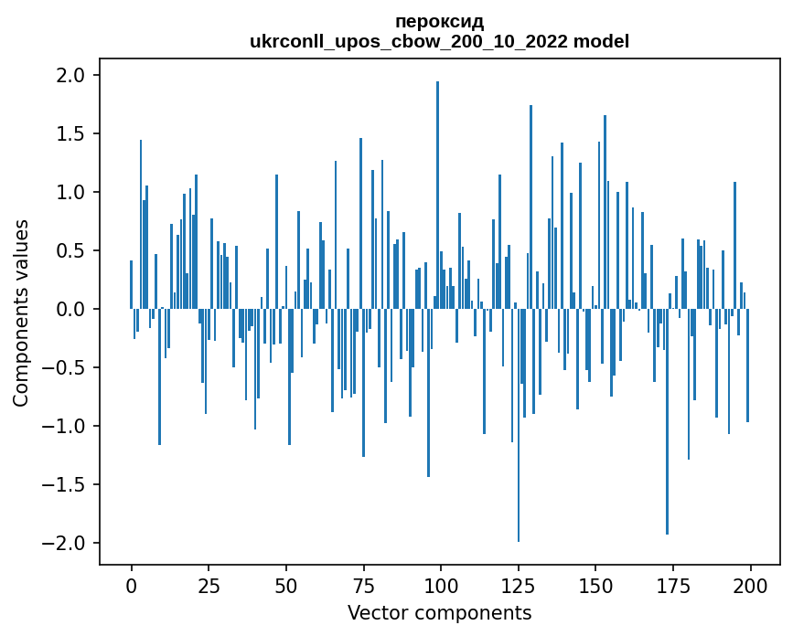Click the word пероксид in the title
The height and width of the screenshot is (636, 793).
click(x=439, y=22)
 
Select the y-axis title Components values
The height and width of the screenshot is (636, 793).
click(x=21, y=313)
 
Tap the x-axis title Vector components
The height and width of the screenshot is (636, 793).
click(x=439, y=612)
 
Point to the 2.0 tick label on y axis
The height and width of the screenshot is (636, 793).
click(x=71, y=75)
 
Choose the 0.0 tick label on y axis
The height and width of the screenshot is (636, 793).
click(x=71, y=309)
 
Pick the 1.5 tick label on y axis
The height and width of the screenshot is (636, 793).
click(x=71, y=133)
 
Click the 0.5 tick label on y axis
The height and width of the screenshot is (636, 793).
click(x=71, y=250)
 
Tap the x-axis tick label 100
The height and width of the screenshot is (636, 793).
click(x=441, y=584)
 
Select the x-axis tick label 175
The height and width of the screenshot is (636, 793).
click(x=673, y=584)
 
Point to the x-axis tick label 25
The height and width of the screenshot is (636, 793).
click(x=209, y=584)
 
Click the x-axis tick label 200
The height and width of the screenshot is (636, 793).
click(x=751, y=584)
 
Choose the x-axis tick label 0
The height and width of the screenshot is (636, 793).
click(x=131, y=584)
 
